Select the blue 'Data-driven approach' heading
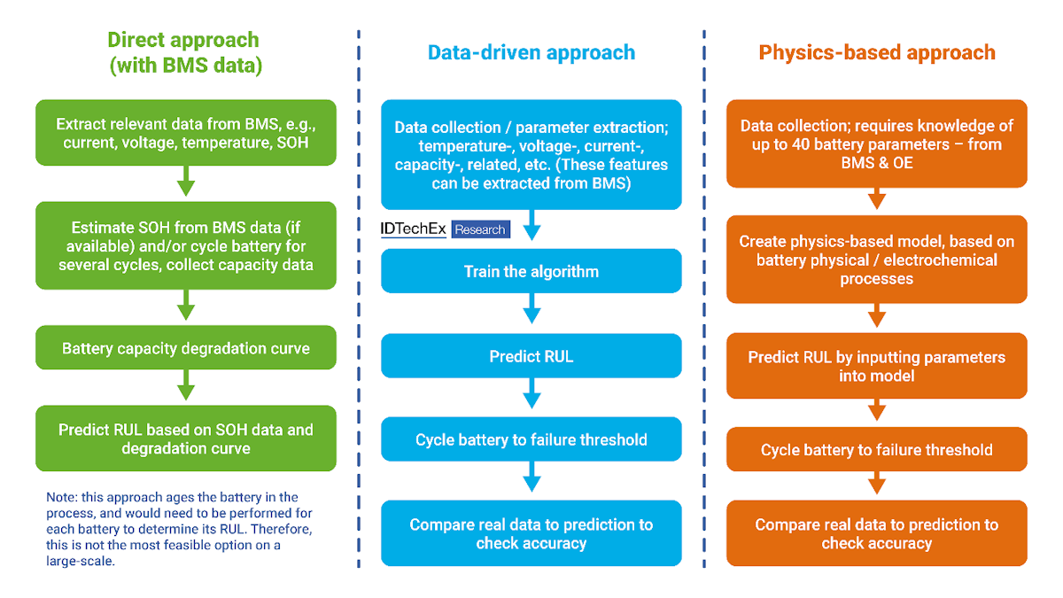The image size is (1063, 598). [531, 52]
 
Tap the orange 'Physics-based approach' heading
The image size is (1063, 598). [877, 52]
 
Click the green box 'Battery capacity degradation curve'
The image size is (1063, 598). [186, 348]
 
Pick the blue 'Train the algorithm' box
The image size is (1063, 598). [531, 271]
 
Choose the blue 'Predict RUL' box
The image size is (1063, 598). [531, 356]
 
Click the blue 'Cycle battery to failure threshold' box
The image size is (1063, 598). [531, 440]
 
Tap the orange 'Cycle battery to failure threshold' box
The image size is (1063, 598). [877, 450]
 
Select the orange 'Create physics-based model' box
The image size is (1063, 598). [877, 260]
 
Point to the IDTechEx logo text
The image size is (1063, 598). [413, 229]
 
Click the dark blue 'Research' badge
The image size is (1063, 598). [480, 229]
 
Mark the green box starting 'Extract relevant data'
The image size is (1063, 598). [186, 133]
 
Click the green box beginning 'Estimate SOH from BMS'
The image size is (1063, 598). [186, 245]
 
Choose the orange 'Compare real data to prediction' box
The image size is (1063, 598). [877, 533]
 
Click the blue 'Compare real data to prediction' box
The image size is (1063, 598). [531, 533]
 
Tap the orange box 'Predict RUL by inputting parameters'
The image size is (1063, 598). [877, 366]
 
